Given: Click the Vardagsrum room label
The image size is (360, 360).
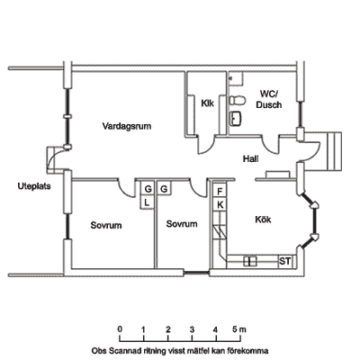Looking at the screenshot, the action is click(127, 126).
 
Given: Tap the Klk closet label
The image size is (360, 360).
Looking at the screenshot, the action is click(207, 103).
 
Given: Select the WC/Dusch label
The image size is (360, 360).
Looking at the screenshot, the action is click(269, 100).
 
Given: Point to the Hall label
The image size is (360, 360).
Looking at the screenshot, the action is click(250, 159).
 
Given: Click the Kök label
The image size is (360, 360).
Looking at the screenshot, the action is click(263, 220).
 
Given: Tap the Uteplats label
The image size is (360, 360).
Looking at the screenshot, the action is click(34, 186).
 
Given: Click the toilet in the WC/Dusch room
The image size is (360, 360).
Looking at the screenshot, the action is click(238, 100).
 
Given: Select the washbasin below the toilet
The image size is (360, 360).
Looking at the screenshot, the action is click(237, 118).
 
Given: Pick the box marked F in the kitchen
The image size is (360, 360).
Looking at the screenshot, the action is click(220, 191).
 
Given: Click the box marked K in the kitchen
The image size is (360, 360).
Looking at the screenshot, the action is click(220, 204).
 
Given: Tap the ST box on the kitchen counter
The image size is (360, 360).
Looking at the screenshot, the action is click(285, 261).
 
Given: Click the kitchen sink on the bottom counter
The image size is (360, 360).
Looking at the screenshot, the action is click(250, 261).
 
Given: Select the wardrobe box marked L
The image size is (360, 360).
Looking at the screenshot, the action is click(147, 202).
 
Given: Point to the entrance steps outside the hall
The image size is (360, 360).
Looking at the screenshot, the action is click(334, 151).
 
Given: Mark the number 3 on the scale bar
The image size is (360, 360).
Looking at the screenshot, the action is click(192, 329).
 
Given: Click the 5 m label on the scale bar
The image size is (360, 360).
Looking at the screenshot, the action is click(239, 329).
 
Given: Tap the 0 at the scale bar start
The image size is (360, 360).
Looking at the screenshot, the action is click(120, 329).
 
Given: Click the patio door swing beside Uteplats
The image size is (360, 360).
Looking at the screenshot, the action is click(56, 157).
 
